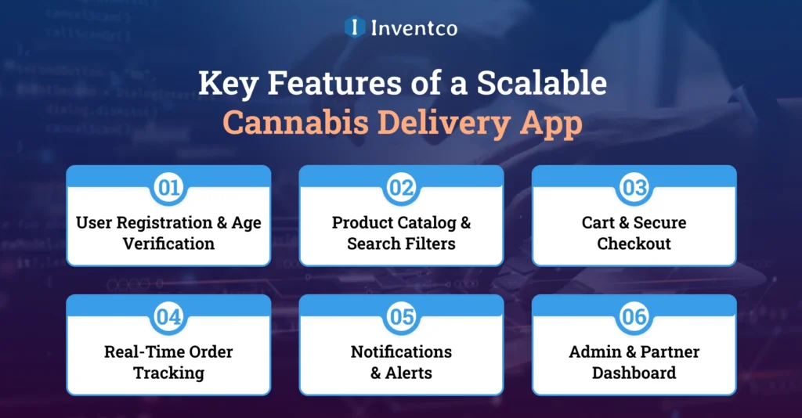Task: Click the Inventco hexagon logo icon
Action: pos(355,27)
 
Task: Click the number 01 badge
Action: pos(168,188)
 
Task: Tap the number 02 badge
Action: pos(401,188)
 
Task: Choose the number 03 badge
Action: pos(634,188)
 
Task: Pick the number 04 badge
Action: pos(168,317)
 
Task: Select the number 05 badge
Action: pos(401,317)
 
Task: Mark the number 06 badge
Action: pos(634,317)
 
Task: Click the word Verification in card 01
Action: pos(168,243)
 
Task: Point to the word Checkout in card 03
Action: pos(634,243)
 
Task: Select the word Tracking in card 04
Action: pos(168,373)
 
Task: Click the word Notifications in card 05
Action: pos(401,352)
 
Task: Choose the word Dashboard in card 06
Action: pos(634,373)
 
